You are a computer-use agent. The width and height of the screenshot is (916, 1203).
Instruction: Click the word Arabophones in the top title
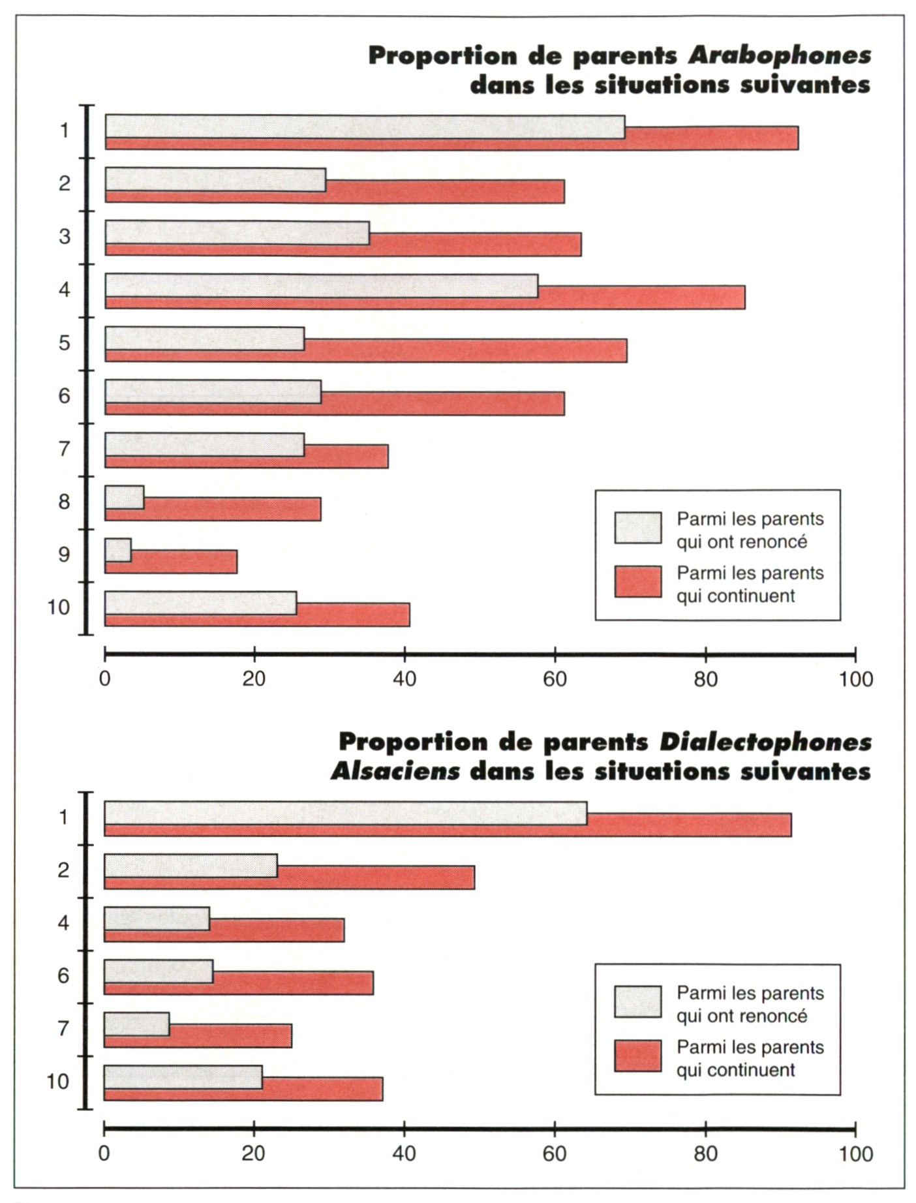780,56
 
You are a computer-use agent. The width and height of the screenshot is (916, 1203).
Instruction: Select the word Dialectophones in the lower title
765,742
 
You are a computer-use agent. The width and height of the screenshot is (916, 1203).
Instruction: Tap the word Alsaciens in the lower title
395,772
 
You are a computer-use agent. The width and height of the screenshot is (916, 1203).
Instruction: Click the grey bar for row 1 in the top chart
365,127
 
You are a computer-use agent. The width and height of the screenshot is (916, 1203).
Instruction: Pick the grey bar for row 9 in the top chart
118,550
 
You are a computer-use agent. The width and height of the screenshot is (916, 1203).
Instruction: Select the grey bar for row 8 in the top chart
125,497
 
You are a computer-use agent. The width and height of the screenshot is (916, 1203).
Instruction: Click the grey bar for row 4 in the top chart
322,285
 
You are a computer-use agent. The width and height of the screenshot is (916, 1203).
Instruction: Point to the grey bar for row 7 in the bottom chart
136,1024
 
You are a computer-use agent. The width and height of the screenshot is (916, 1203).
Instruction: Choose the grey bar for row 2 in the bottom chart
191,865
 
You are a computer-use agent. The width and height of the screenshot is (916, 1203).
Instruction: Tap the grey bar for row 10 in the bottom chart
183,1076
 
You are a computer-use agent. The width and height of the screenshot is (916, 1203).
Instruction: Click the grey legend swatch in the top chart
637,528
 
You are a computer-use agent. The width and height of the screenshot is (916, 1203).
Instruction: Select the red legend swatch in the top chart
637,582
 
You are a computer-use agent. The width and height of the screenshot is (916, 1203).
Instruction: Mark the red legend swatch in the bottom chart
637,1056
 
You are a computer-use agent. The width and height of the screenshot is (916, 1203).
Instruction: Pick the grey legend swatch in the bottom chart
637,1001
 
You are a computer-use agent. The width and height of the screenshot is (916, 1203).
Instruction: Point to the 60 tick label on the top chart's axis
555,679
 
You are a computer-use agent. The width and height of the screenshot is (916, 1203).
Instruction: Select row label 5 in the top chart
64,343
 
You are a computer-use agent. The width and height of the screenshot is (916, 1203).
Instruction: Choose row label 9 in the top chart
64,555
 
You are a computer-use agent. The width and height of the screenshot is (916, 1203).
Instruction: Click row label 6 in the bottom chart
63,975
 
